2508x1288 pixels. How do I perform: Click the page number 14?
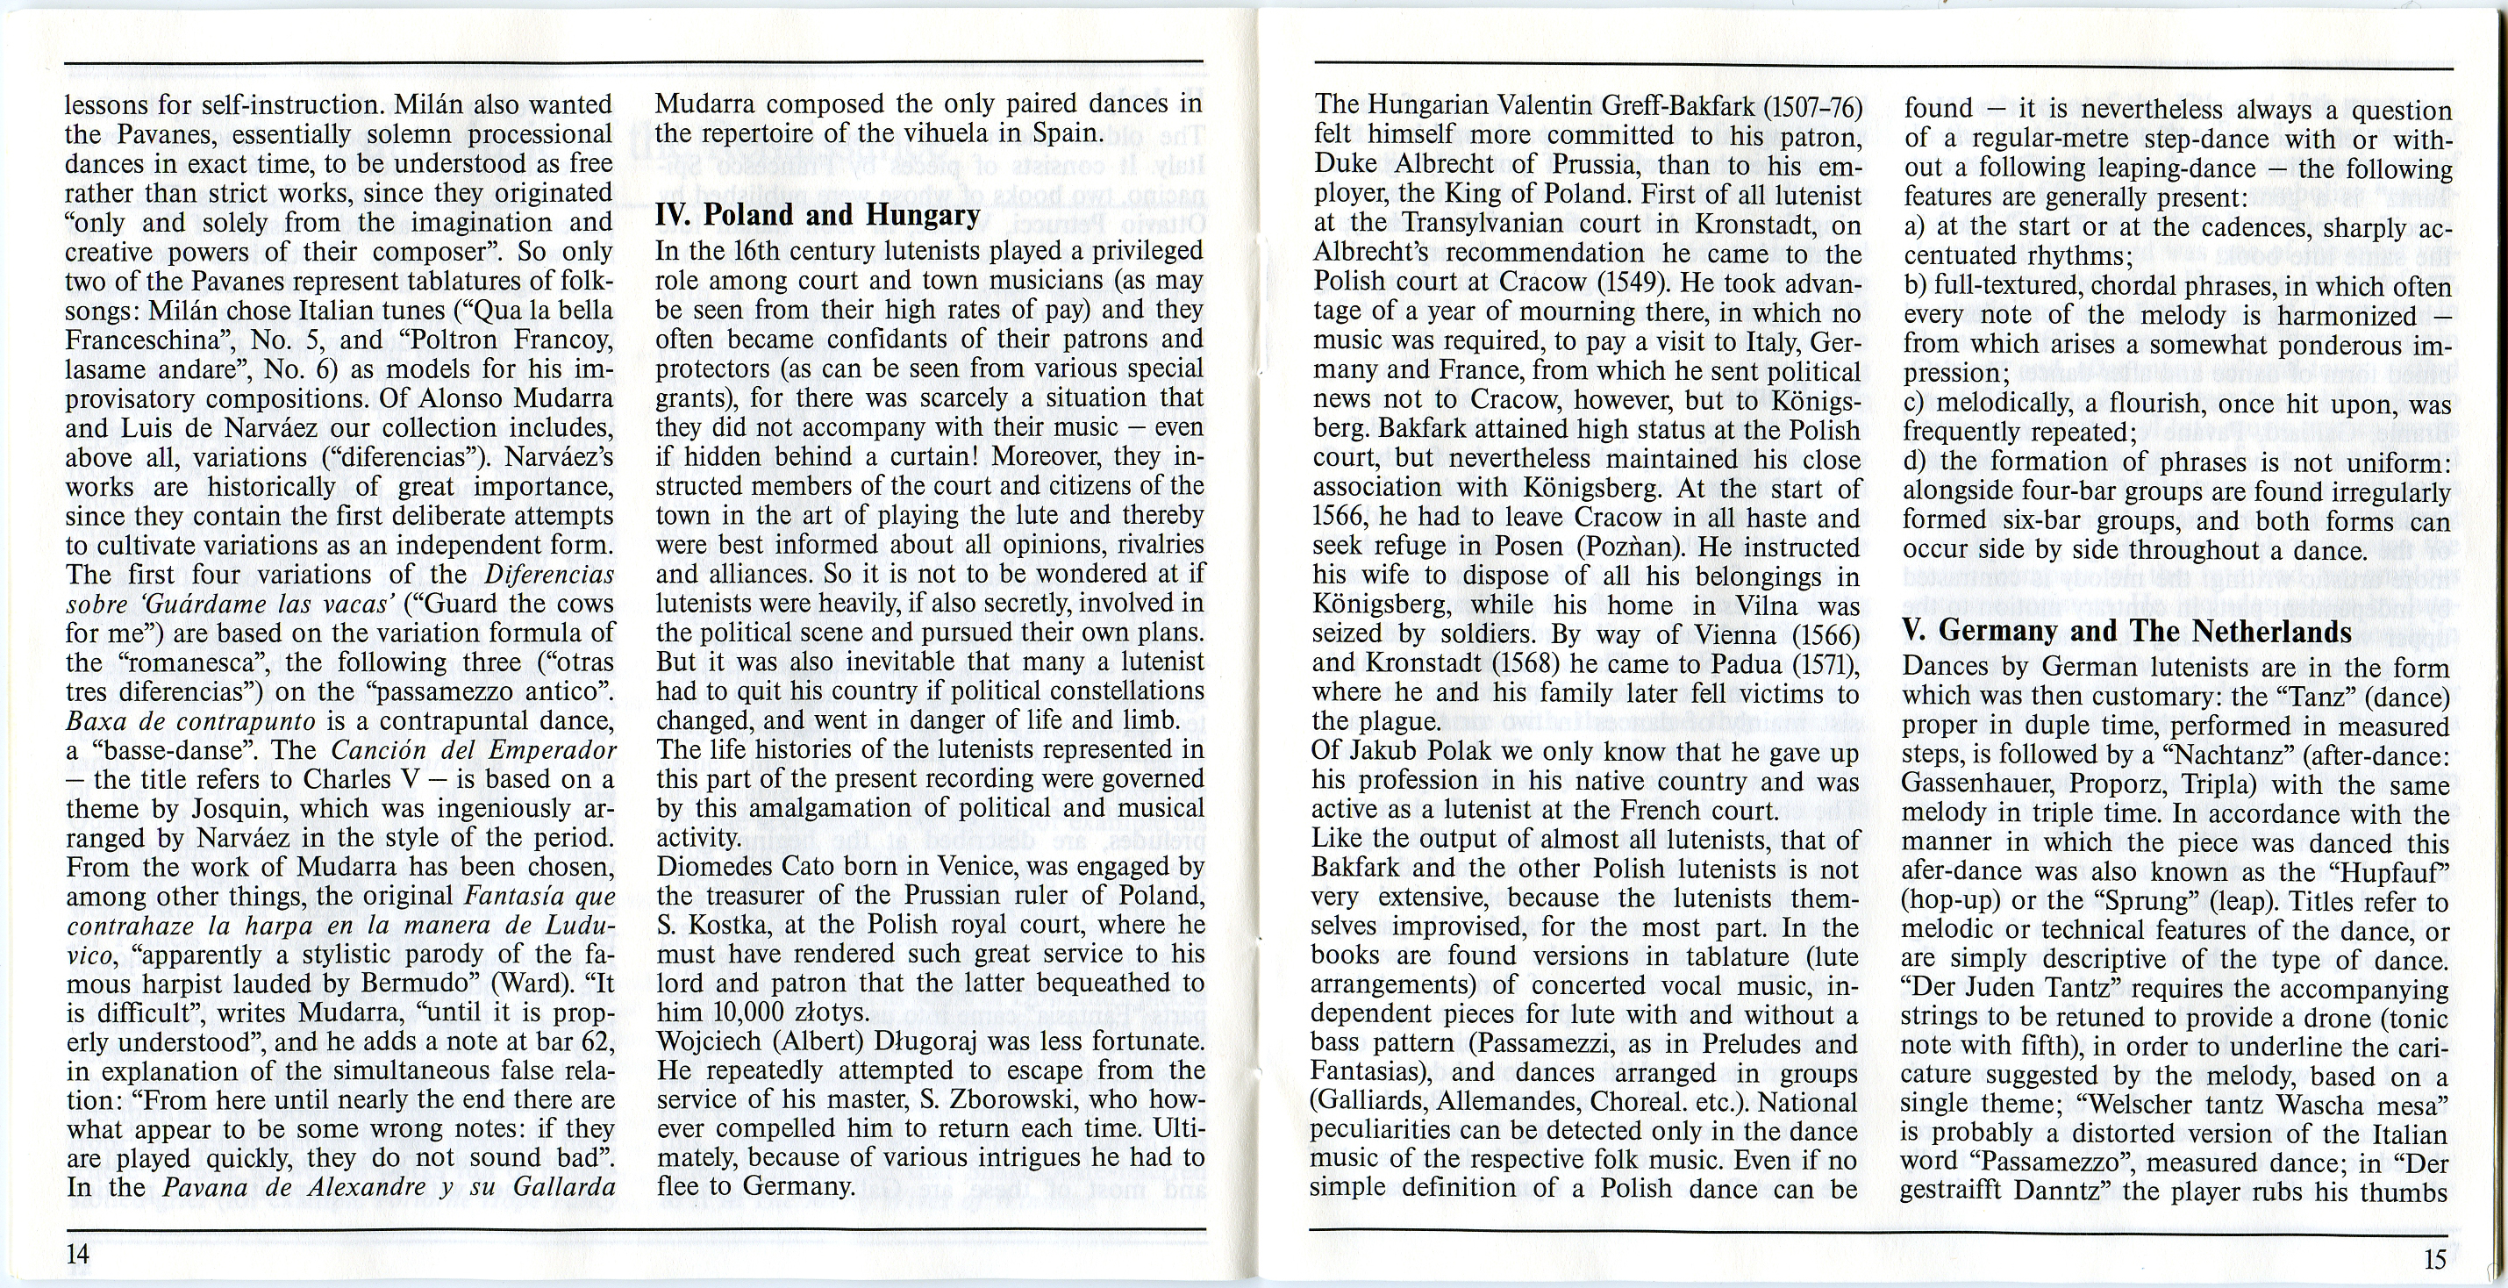click(78, 1254)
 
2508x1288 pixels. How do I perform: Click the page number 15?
click(2434, 1260)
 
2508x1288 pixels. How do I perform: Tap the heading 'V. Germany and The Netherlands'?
click(2126, 631)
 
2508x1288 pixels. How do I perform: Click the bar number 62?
click(597, 1042)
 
